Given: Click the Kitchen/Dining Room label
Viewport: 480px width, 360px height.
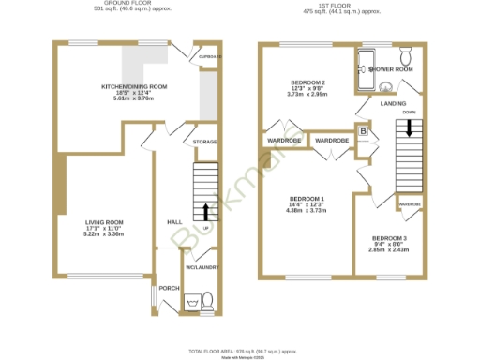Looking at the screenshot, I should tap(134, 86).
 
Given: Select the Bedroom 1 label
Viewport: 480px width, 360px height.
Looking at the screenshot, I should tap(307, 199).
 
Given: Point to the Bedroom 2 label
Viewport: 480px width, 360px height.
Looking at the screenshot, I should tap(307, 83).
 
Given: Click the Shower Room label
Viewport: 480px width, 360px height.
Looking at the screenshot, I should tap(391, 69).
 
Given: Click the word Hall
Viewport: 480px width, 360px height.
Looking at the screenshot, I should tap(173, 222).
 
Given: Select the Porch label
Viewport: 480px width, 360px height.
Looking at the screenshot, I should tap(170, 288).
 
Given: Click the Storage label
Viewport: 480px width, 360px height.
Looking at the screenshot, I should tap(204, 142).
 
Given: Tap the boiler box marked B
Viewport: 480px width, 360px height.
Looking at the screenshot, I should tap(361, 132).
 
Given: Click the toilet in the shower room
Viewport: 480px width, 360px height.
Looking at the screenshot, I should tap(405, 53).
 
